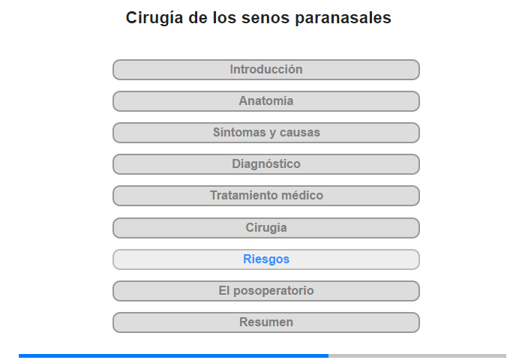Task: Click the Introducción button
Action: tap(265, 70)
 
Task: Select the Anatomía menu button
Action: tap(265, 101)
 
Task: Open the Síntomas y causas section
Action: tap(265, 133)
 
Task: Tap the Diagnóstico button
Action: tap(265, 164)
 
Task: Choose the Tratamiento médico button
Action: tap(265, 196)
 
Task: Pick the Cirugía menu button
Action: tap(265, 228)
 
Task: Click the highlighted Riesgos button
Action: tap(265, 259)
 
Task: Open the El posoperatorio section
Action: tap(265, 291)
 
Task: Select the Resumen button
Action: tap(265, 322)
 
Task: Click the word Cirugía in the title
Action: tap(154, 18)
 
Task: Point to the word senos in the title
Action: tap(265, 18)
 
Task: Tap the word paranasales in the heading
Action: tap(343, 19)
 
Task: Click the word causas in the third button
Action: tap(300, 132)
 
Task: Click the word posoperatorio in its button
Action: tap(273, 291)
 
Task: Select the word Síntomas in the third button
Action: tap(238, 132)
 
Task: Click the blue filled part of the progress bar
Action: tap(173, 355)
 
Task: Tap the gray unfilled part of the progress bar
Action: tap(417, 355)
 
